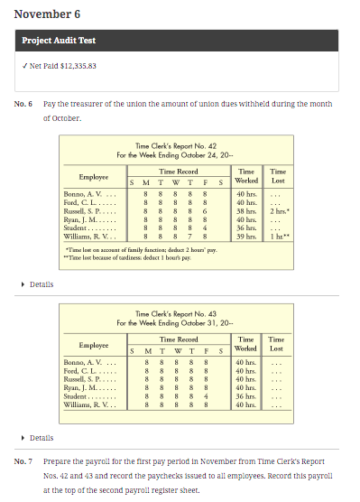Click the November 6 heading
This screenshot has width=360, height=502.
tap(47, 14)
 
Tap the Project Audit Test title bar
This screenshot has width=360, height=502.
tap(60, 42)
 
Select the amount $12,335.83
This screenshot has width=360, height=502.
tap(77, 66)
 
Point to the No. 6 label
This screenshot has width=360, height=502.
tap(23, 105)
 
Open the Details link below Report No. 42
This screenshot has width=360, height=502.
tap(42, 284)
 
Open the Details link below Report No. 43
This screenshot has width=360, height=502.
tap(42, 438)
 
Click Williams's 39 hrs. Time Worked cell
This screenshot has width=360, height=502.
tap(245, 236)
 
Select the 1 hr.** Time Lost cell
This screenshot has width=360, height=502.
tap(280, 236)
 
